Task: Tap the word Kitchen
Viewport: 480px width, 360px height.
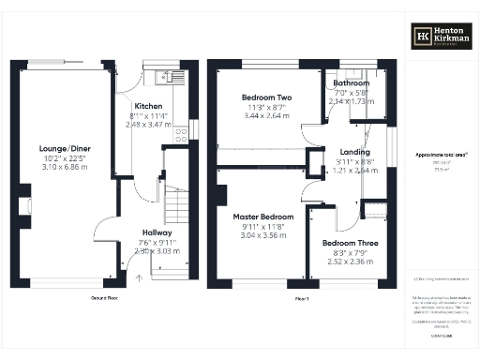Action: [150, 106]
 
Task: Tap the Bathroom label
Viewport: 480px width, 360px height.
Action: [352, 82]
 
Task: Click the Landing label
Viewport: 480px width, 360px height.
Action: [354, 152]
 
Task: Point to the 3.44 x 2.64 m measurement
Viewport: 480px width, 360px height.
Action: [267, 117]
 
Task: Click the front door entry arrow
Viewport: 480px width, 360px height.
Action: [139, 276]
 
